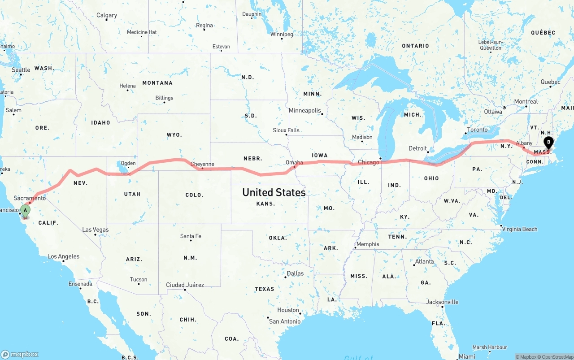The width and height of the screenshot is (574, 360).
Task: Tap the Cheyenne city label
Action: [202, 164]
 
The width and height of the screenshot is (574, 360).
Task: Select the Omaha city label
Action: [294, 162]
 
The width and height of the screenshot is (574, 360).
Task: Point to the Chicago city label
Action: [369, 162]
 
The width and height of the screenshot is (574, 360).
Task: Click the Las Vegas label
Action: [96, 230]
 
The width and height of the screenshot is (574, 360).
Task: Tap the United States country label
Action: [274, 192]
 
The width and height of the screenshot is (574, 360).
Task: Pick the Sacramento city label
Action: [30, 198]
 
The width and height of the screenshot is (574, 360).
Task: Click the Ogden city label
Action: [128, 163]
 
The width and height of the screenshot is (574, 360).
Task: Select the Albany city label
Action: [524, 143]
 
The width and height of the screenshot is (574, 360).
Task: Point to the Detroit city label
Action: [417, 148]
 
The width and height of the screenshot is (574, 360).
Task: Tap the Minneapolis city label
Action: [305, 110]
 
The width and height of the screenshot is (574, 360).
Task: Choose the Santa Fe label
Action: [191, 236]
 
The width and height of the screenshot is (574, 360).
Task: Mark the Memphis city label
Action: [367, 244]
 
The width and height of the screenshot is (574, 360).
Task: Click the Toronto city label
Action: [477, 130]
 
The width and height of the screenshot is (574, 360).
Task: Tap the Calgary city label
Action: [107, 15]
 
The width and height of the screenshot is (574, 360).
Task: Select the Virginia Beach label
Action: [520, 229]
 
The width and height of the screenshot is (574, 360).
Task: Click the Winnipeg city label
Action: [282, 34]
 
